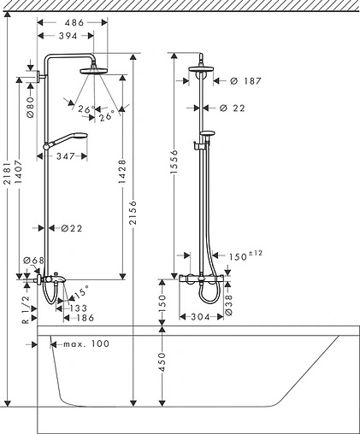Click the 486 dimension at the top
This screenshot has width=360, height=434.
click(x=74, y=22)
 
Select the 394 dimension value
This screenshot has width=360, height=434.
click(x=68, y=36)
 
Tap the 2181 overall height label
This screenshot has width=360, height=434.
click(x=9, y=173)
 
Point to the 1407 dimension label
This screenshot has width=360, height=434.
click(x=19, y=173)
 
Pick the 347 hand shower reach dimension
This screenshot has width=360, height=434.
click(x=65, y=156)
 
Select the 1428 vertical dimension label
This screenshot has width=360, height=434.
click(x=122, y=172)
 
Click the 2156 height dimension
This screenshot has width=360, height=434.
click(x=133, y=213)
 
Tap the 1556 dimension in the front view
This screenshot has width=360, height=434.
click(x=174, y=161)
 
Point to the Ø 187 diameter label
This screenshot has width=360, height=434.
click(x=245, y=81)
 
